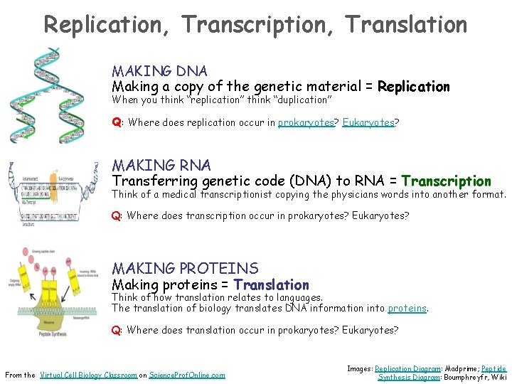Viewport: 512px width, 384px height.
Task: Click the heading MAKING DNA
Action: click(159, 71)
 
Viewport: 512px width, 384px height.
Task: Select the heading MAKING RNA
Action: click(161, 166)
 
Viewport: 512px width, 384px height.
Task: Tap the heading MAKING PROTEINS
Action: click(185, 269)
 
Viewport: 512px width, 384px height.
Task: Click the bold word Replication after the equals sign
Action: click(413, 87)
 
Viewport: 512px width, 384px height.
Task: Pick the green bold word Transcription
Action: click(446, 181)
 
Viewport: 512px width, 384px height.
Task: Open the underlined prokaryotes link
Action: click(306, 122)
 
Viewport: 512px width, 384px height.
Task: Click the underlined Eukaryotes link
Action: click(368, 122)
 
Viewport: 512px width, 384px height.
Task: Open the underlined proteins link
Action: click(407, 308)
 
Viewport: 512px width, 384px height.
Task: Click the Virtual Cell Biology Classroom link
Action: click(88, 375)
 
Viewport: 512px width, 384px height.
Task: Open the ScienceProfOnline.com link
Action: click(187, 375)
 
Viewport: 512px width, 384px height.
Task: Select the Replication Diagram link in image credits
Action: click(403, 368)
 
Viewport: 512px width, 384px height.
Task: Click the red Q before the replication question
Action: click(116, 122)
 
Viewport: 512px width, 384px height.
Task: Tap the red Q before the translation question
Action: click(116, 330)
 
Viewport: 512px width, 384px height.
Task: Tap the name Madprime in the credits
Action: click(455, 368)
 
